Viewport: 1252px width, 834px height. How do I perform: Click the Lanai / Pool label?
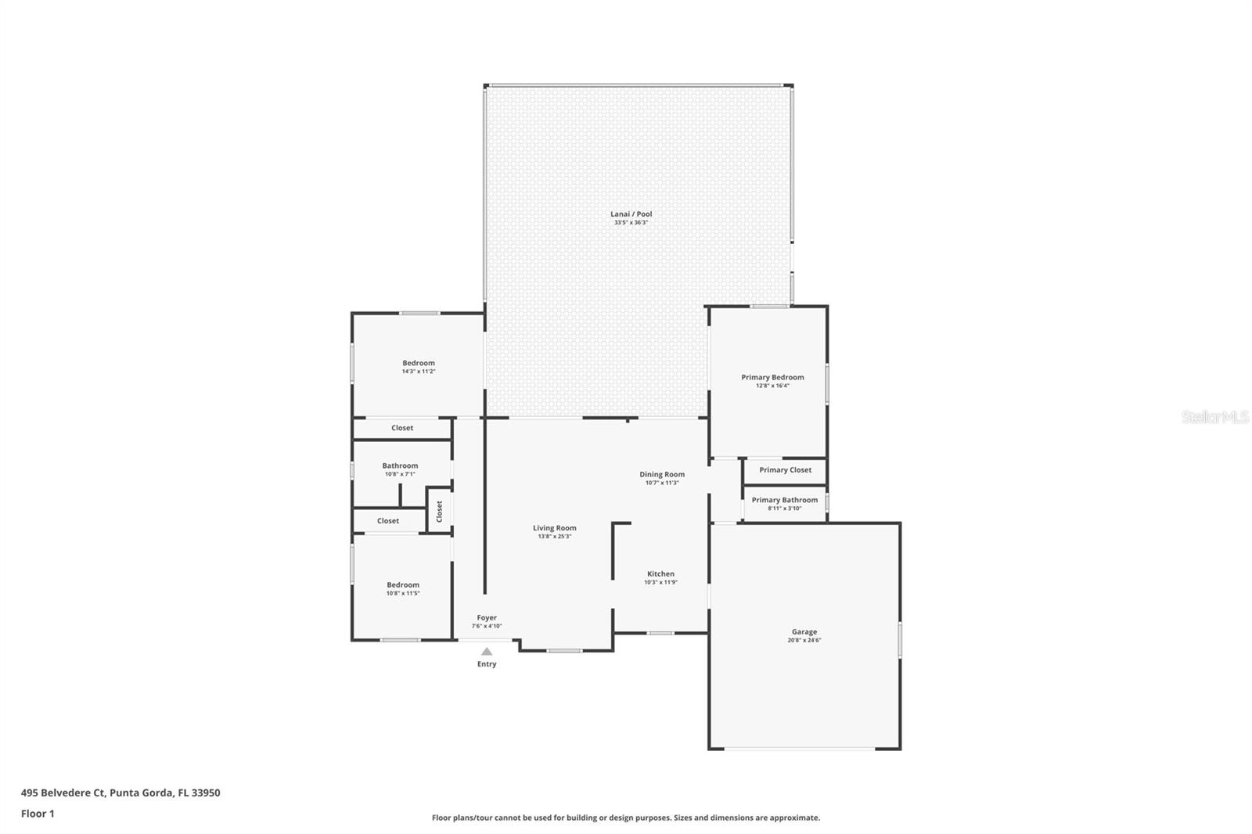click(631, 214)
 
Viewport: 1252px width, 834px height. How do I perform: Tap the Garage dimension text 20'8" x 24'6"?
click(804, 641)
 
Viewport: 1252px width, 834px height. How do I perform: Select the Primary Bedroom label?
click(772, 377)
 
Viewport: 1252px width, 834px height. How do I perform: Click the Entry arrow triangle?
click(487, 652)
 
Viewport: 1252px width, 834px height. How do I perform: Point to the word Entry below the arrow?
click(487, 664)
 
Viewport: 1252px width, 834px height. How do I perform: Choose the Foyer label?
click(487, 617)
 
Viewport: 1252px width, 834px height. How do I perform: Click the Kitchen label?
click(660, 573)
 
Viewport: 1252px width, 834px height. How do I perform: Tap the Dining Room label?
click(662, 474)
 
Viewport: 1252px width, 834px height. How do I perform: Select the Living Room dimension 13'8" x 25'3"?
click(555, 537)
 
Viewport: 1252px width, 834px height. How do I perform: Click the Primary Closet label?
click(785, 470)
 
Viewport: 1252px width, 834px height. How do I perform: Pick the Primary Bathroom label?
click(784, 500)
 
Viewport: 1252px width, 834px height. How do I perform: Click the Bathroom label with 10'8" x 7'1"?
click(400, 466)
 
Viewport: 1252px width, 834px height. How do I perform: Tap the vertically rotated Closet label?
click(440, 511)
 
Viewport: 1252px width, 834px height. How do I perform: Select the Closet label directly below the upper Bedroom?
click(402, 428)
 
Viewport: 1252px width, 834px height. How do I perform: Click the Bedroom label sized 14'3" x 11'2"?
click(419, 363)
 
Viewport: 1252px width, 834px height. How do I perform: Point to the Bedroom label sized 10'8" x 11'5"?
click(403, 584)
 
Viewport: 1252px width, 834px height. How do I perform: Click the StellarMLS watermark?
click(1214, 417)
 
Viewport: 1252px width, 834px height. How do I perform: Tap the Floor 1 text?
click(38, 814)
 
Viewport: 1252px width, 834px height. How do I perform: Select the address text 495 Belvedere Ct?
click(63, 793)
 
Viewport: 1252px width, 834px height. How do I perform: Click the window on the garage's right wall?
click(900, 639)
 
